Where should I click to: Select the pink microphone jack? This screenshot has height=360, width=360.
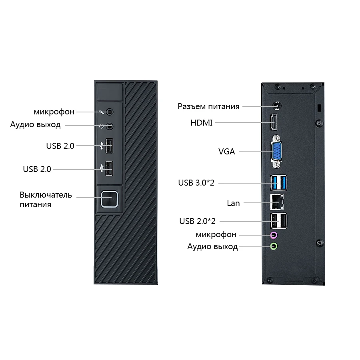click(274, 235)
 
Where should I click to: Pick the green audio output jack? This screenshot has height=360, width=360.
click(274, 246)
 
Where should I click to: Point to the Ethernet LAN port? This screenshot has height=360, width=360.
click(276, 202)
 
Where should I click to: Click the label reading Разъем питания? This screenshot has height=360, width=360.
click(208, 106)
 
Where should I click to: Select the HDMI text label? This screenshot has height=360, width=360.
click(202, 123)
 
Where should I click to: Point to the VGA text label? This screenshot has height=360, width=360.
click(227, 152)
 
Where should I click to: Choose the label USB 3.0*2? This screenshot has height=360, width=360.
click(196, 183)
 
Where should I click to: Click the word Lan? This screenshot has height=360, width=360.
click(233, 203)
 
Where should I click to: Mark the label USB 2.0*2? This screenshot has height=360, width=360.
click(197, 221)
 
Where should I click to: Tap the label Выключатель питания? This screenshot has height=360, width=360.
click(46, 200)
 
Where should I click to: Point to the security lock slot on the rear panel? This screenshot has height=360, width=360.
click(319, 108)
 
